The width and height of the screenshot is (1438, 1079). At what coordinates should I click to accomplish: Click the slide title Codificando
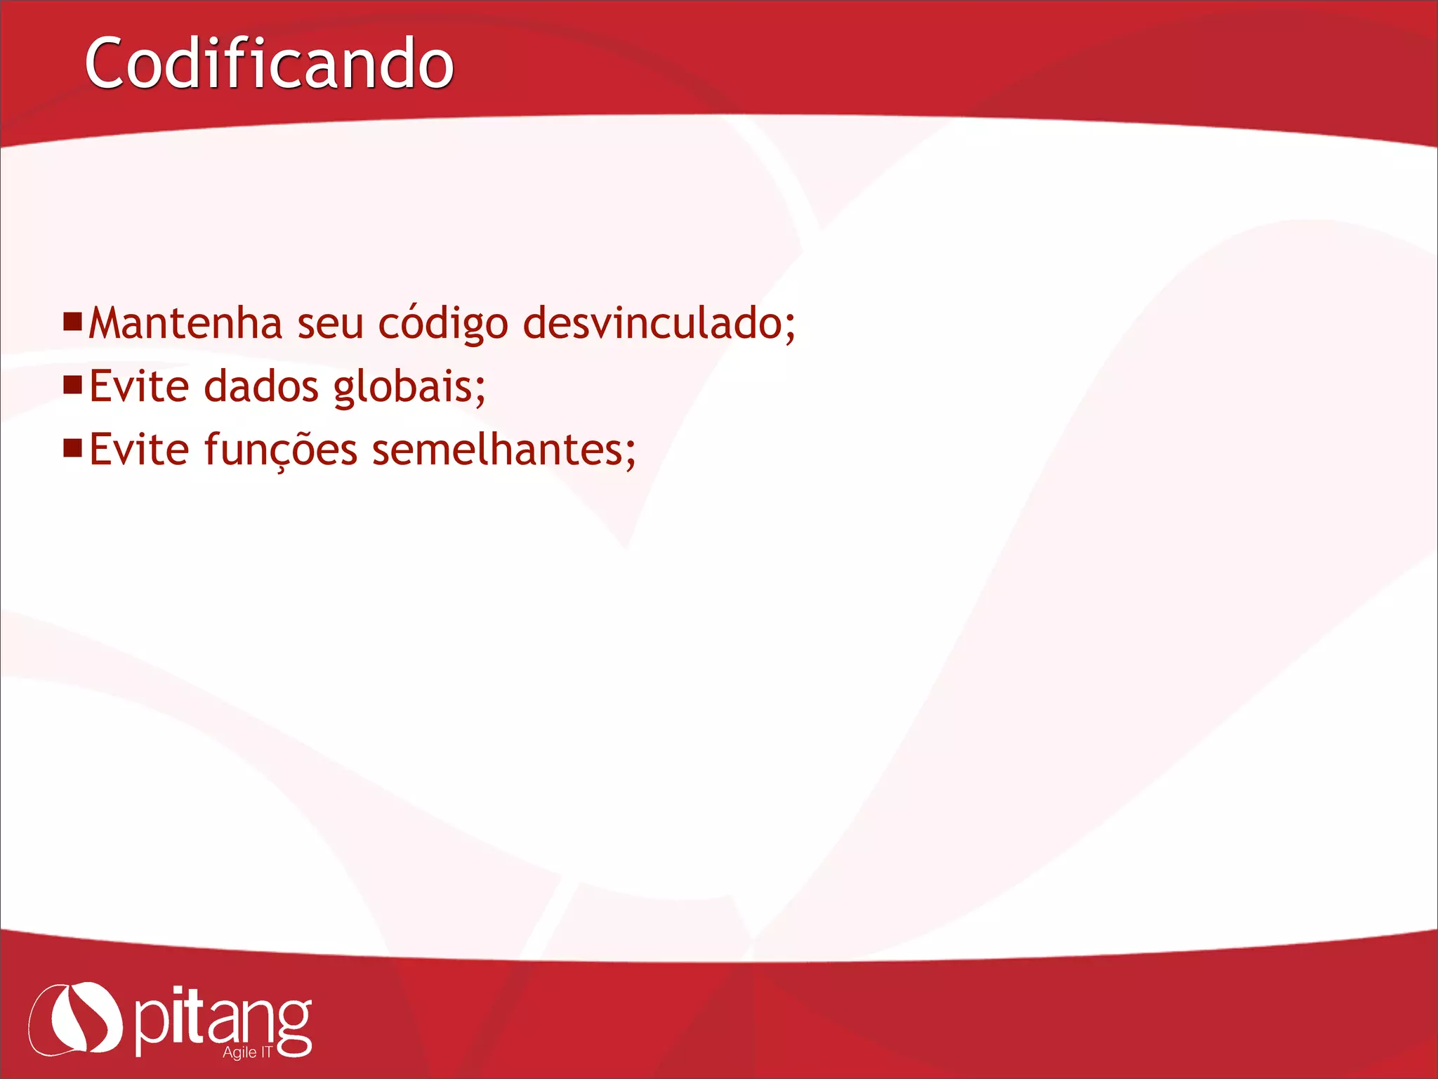click(269, 64)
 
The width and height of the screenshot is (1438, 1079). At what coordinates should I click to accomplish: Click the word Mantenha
click(185, 323)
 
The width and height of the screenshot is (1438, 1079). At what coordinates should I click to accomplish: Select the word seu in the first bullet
click(330, 325)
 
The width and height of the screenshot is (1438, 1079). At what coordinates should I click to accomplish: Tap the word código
click(443, 325)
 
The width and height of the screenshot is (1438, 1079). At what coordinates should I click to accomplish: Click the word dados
click(261, 386)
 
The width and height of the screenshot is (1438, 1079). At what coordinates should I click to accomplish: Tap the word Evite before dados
click(139, 386)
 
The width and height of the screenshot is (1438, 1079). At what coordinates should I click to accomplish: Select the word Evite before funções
click(139, 450)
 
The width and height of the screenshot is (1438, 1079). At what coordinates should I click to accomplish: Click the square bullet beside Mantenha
click(73, 322)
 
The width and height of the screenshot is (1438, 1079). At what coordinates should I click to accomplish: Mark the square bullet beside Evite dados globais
click(73, 385)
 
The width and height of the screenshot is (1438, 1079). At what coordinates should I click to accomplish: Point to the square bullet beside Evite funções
click(73, 448)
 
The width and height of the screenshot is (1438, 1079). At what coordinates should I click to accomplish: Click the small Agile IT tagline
click(247, 1052)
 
